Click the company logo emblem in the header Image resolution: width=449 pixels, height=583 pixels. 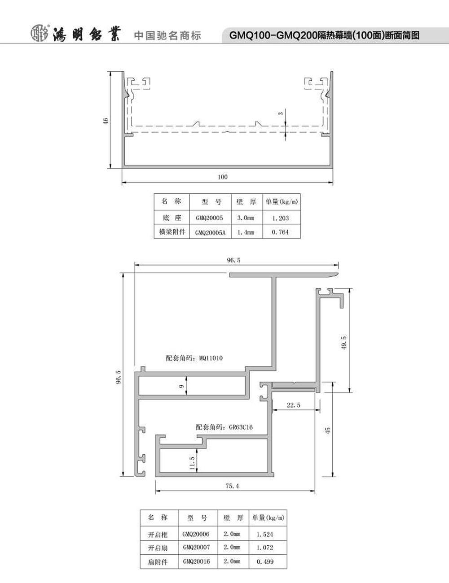40,34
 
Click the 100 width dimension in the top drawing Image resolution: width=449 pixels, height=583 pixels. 223,177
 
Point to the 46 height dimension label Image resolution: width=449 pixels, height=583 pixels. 106,121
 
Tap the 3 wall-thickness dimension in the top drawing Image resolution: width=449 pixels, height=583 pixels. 281,113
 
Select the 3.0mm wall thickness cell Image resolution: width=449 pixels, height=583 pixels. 246,218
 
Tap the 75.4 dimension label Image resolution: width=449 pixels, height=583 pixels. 232,486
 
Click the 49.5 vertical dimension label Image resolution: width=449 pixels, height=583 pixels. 344,342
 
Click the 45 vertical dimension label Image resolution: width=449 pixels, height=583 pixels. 327,431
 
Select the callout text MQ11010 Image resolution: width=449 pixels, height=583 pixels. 211,358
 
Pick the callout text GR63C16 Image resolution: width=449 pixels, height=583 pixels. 241,427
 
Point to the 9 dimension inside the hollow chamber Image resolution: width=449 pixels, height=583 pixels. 181,386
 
